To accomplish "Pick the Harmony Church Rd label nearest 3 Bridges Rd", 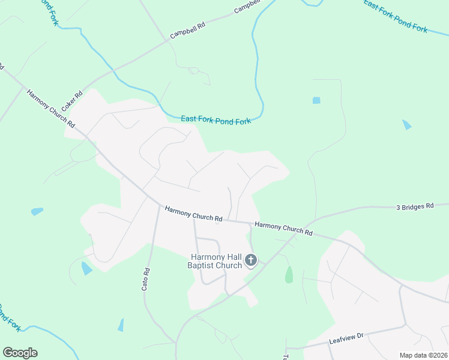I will click(x=283, y=228).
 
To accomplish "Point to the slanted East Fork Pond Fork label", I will click(x=395, y=16).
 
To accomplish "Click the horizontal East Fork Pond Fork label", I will click(x=215, y=120).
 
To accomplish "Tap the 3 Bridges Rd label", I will click(x=414, y=206).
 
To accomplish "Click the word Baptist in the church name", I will click(x=205, y=265).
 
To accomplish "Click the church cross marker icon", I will click(x=251, y=260).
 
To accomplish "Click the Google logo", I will click(x=20, y=353).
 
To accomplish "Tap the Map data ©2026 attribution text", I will click(x=423, y=355).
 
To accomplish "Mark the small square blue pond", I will click(x=316, y=100).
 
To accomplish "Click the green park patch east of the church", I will click(x=289, y=275).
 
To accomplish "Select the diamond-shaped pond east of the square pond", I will click(x=407, y=125).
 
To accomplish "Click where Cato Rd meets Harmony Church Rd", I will click(x=158, y=206).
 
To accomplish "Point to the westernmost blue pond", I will click(x=37, y=211).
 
